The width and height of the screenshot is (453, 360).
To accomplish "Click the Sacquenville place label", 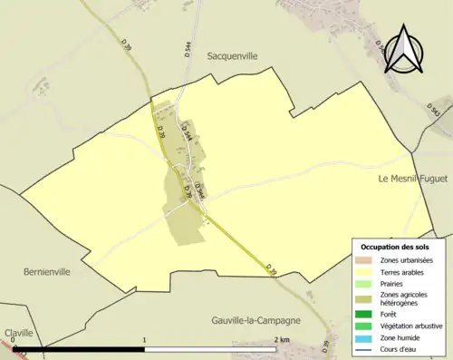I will (233, 55).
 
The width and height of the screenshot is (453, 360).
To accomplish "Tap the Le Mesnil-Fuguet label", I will (409, 180).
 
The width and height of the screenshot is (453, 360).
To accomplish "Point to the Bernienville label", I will (46, 271).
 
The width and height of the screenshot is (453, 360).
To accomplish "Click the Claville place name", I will (18, 333).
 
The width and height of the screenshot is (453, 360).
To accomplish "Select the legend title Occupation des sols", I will (395, 247).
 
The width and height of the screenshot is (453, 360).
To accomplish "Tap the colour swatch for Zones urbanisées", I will (366, 260).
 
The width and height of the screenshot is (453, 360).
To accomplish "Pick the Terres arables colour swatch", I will (366, 272).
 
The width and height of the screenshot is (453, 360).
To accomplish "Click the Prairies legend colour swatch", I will (366, 284).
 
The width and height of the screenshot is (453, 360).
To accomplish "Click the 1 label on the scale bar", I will (146, 340).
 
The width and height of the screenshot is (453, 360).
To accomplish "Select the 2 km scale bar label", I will (279, 340).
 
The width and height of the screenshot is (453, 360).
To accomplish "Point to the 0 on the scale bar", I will (25, 340).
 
